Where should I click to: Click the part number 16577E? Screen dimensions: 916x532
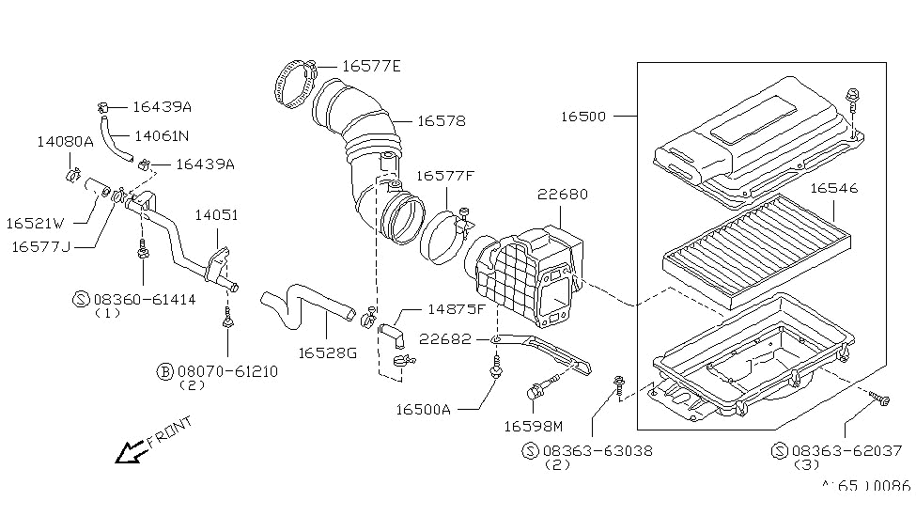coord(371,66)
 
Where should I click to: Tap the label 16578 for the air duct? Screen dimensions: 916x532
coord(441,121)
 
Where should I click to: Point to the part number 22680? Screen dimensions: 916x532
coord(563,194)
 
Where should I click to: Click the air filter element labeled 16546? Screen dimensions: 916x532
coord(757,251)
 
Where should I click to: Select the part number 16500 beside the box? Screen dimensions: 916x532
coord(583,116)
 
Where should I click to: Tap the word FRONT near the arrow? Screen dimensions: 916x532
coord(169,431)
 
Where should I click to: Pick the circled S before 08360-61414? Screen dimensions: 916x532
coord(81,299)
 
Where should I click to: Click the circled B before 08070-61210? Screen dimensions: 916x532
coord(165,371)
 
